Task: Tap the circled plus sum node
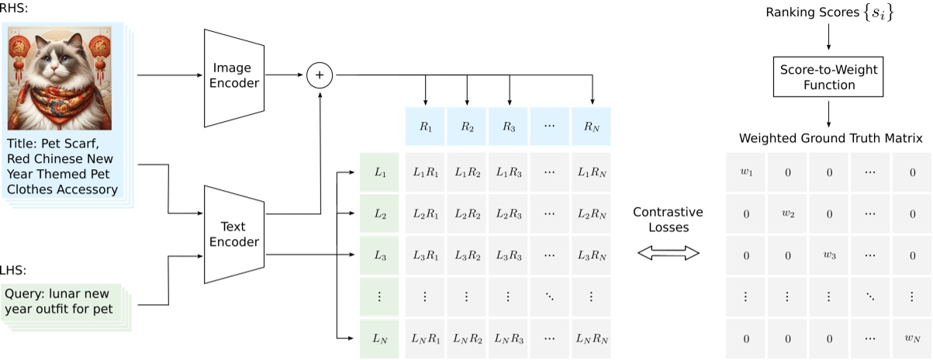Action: pos(319,75)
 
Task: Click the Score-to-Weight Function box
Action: pos(829,76)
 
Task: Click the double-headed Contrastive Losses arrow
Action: pos(668,254)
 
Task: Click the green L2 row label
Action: pos(379,213)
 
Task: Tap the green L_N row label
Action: pos(379,339)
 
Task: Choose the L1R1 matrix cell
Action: pos(425,172)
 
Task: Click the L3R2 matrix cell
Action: pos(467,255)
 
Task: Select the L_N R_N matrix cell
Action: pos(593,339)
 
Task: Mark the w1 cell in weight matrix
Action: pos(745,172)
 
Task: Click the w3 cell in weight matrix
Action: pos(829,255)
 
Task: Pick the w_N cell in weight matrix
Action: pos(912,339)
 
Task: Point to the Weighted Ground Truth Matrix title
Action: pos(829,138)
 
